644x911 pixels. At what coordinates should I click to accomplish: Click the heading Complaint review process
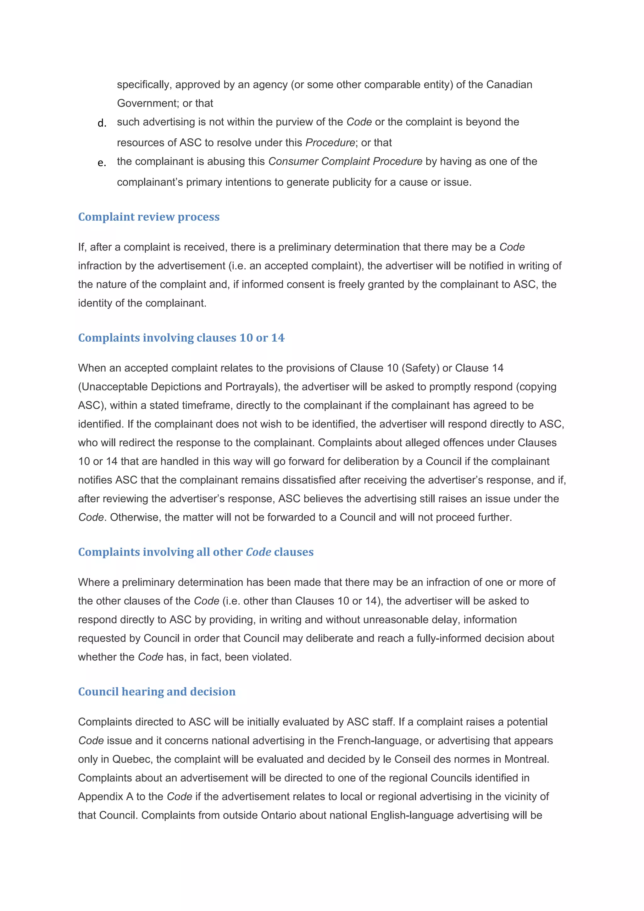(148, 217)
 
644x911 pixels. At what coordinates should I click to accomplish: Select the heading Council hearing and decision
(157, 692)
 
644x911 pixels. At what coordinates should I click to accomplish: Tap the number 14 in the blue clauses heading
(277, 338)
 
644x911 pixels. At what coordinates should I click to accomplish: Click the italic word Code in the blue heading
(258, 552)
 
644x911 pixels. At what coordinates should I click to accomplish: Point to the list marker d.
(102, 124)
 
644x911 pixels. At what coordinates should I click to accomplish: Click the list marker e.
(102, 163)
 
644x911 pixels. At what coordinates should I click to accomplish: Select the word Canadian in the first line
(509, 85)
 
